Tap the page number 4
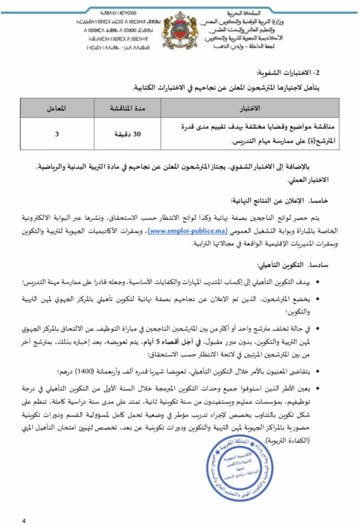click(24, 520)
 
